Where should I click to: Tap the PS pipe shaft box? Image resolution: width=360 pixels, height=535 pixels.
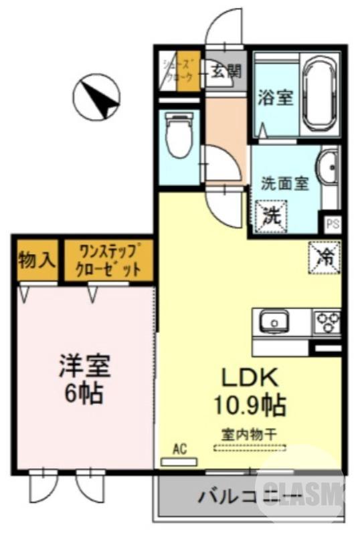coord(332,223)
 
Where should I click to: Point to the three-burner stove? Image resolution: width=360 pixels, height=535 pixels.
coord(328,322)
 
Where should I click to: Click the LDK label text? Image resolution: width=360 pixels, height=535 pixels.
coord(249,378)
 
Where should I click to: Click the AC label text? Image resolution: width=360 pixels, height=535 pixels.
coord(179,449)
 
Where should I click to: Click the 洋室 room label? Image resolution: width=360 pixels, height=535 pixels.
coord(84,367)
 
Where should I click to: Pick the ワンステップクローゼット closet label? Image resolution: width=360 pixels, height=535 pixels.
coord(109,261)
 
